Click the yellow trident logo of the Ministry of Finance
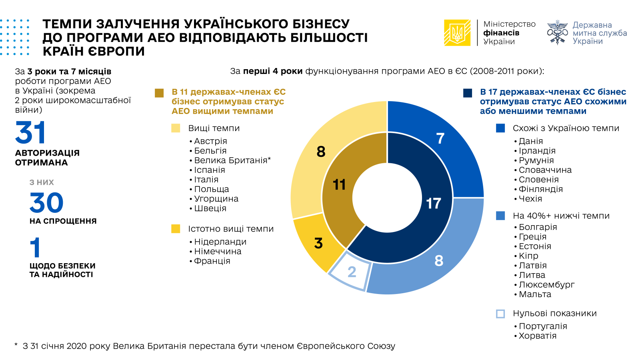coord(457,33)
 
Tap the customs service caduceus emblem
coord(557,32)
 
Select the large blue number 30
coord(46,203)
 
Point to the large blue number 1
coord(35,248)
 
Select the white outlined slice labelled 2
coord(350,272)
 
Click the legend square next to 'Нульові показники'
coord(500,314)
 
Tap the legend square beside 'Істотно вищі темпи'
coord(176,229)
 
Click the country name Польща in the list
coord(212,189)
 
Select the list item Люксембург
coord(546,285)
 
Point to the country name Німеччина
coord(218,252)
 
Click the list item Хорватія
coord(537,336)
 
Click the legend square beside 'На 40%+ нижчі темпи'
coord(500,216)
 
